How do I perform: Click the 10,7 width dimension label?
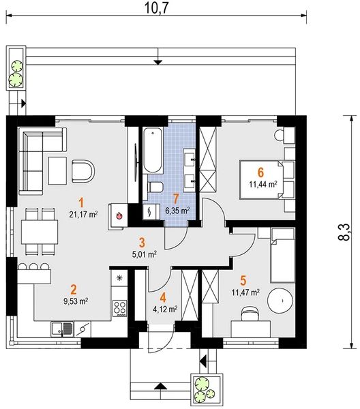tap(157, 8)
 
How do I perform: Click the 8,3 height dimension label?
tap(344, 232)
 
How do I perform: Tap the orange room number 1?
tap(82, 203)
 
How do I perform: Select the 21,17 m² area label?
tap(83, 215)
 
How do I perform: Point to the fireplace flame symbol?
tap(119, 215)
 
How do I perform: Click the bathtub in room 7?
tap(153, 151)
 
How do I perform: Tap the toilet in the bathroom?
tap(155, 187)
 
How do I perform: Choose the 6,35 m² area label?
tap(178, 211)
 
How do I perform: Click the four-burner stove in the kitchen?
tap(120, 309)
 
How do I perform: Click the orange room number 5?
tap(243, 280)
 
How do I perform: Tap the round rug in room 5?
tap(281, 301)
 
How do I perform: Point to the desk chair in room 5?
tap(250, 314)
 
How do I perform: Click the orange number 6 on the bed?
tap(260, 172)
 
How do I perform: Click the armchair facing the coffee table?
tap(82, 171)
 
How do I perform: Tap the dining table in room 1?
tap(40, 232)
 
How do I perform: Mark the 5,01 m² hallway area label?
tap(145, 254)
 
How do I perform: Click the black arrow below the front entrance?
tap(160, 386)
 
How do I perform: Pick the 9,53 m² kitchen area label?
tap(76, 301)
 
